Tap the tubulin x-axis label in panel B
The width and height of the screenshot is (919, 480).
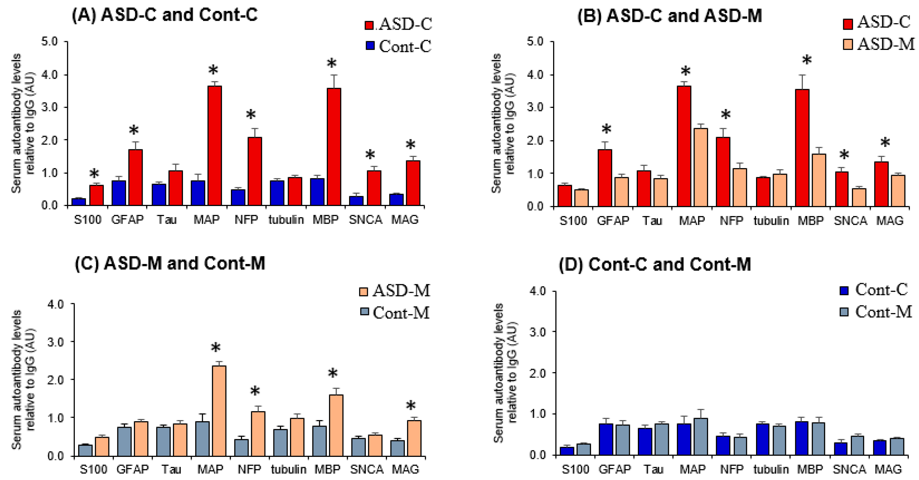771,221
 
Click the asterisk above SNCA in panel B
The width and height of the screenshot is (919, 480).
844,156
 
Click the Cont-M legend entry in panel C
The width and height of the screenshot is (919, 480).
395,313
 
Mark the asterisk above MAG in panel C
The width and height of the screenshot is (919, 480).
411,406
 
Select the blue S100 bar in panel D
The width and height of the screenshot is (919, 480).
567,451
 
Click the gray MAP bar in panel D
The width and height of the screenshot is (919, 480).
701,437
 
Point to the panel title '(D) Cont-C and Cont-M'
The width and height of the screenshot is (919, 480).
655,265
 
